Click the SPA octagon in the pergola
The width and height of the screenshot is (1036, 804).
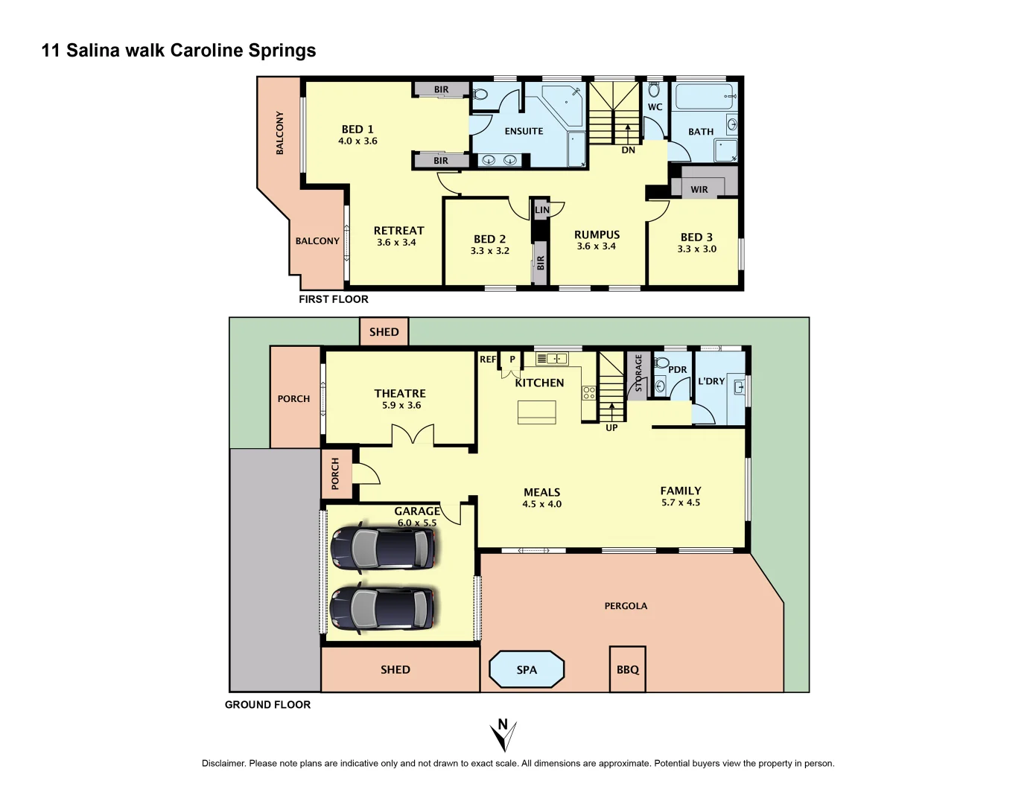527,669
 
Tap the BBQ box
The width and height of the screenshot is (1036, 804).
627,669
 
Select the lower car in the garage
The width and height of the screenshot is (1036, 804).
382,608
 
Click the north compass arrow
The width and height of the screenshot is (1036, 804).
503,735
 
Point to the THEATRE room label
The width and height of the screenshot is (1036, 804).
400,393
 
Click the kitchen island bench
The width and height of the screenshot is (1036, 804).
537,412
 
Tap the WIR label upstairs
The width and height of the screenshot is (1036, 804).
699,189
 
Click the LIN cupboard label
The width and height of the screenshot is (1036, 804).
542,210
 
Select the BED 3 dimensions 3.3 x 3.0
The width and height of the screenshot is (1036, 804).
696,249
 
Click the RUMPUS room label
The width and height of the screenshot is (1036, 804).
597,234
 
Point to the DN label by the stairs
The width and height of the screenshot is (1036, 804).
628,150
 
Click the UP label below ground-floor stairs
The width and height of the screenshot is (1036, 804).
611,427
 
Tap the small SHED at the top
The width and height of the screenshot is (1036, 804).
384,332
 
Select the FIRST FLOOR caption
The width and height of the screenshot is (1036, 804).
333,299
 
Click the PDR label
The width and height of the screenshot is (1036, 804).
677,369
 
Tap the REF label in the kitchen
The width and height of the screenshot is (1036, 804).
487,360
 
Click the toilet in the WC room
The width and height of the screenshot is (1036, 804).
654,90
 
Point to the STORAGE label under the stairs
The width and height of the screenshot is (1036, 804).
638,373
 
